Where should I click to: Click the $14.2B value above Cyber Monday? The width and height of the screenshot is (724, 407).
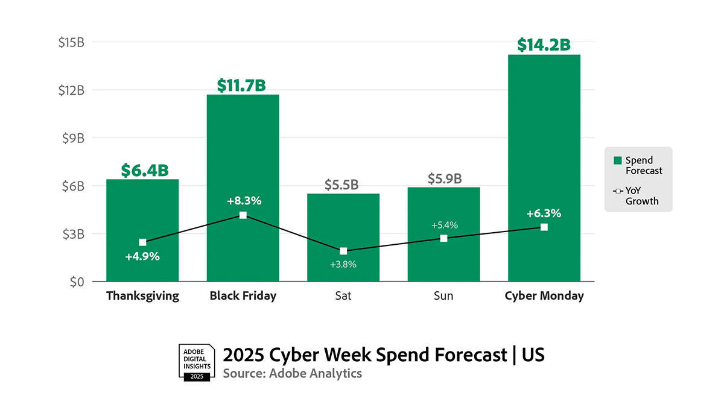coord(544,45)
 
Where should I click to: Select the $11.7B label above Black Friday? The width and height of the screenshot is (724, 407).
coord(243,86)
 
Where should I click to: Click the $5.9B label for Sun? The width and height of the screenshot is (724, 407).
coord(445,178)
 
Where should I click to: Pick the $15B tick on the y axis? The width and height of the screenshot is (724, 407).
coord(71,42)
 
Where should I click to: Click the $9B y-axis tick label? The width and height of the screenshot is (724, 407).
coord(73,138)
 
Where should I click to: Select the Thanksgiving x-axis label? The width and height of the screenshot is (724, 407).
coord(142,296)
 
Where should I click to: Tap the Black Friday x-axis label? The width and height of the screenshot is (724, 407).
coord(243,296)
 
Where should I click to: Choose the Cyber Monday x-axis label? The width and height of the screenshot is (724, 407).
coord(544,296)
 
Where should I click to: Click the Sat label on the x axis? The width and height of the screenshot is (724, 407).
coord(343,296)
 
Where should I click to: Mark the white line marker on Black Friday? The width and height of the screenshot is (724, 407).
coord(243,215)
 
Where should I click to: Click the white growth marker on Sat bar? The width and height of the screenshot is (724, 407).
coord(343,251)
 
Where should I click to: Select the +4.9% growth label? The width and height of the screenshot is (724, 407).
coord(142,256)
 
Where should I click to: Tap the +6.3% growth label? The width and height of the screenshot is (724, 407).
coord(544,213)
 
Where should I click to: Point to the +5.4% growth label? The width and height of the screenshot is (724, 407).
coord(445,226)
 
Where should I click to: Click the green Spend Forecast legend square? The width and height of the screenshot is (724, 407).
coord(617,160)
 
